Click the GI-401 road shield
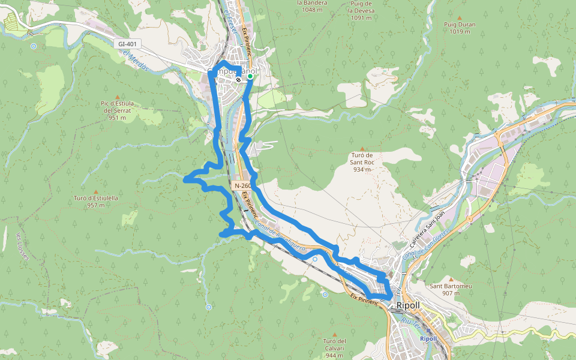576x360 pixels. point(128,44)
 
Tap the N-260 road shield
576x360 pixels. point(242,186)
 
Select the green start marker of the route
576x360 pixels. point(250,76)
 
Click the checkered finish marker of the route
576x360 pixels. point(239,79)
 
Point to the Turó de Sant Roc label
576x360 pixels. point(362,162)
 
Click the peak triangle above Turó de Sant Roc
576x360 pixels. point(362,148)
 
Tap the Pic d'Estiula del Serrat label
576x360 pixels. point(118,110)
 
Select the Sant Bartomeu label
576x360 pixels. point(451,290)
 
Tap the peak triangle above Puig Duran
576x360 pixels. point(460,17)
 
